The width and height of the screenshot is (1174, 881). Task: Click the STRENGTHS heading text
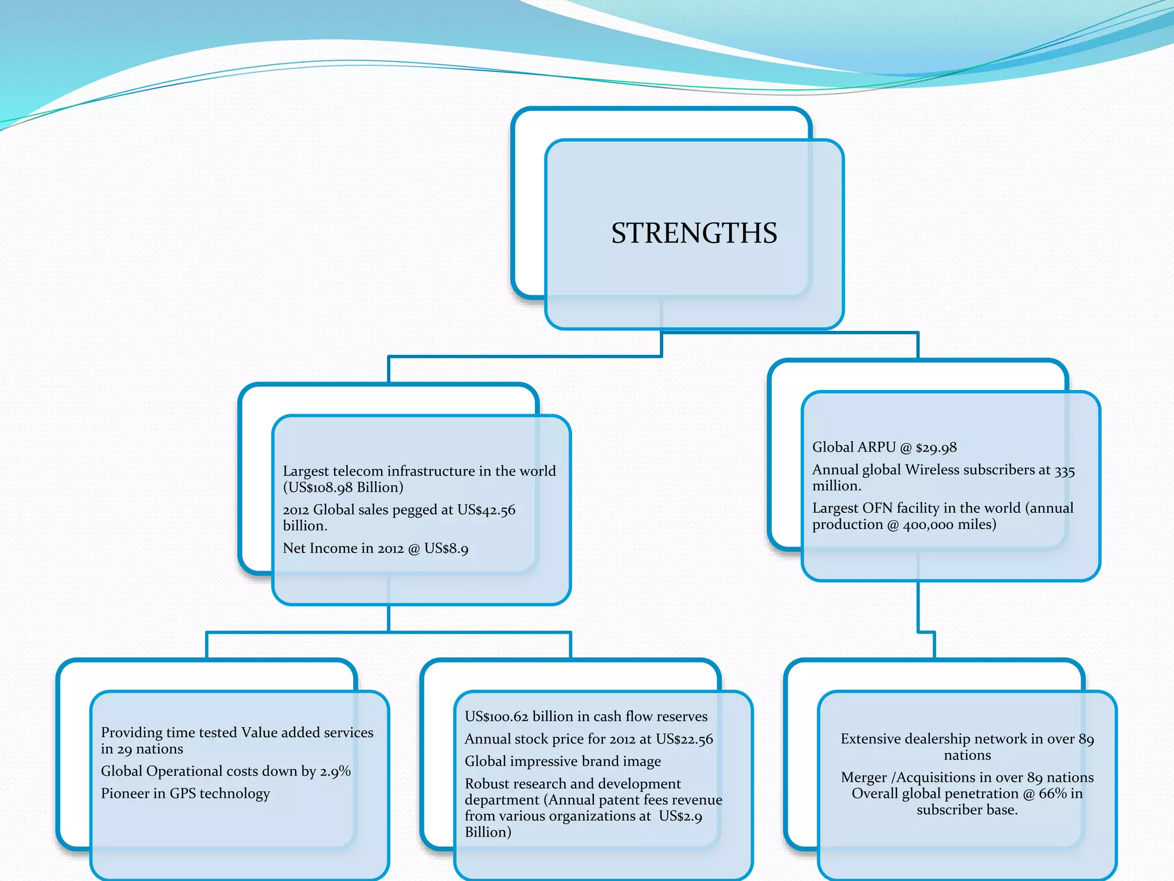(694, 233)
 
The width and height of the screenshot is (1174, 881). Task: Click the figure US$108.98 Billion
(343, 488)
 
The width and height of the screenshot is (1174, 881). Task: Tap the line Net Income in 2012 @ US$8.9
(375, 549)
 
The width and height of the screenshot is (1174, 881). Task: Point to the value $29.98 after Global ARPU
(936, 448)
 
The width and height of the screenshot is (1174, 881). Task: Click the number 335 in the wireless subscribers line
(1065, 470)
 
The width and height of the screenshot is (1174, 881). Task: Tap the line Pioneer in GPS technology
(185, 793)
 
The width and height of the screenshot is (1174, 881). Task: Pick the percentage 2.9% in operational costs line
(335, 771)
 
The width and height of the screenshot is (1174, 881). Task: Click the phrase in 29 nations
(142, 749)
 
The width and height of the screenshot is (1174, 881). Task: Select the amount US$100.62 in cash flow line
(496, 716)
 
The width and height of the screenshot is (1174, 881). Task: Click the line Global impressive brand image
(562, 761)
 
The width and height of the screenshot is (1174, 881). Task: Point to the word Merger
(864, 778)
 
